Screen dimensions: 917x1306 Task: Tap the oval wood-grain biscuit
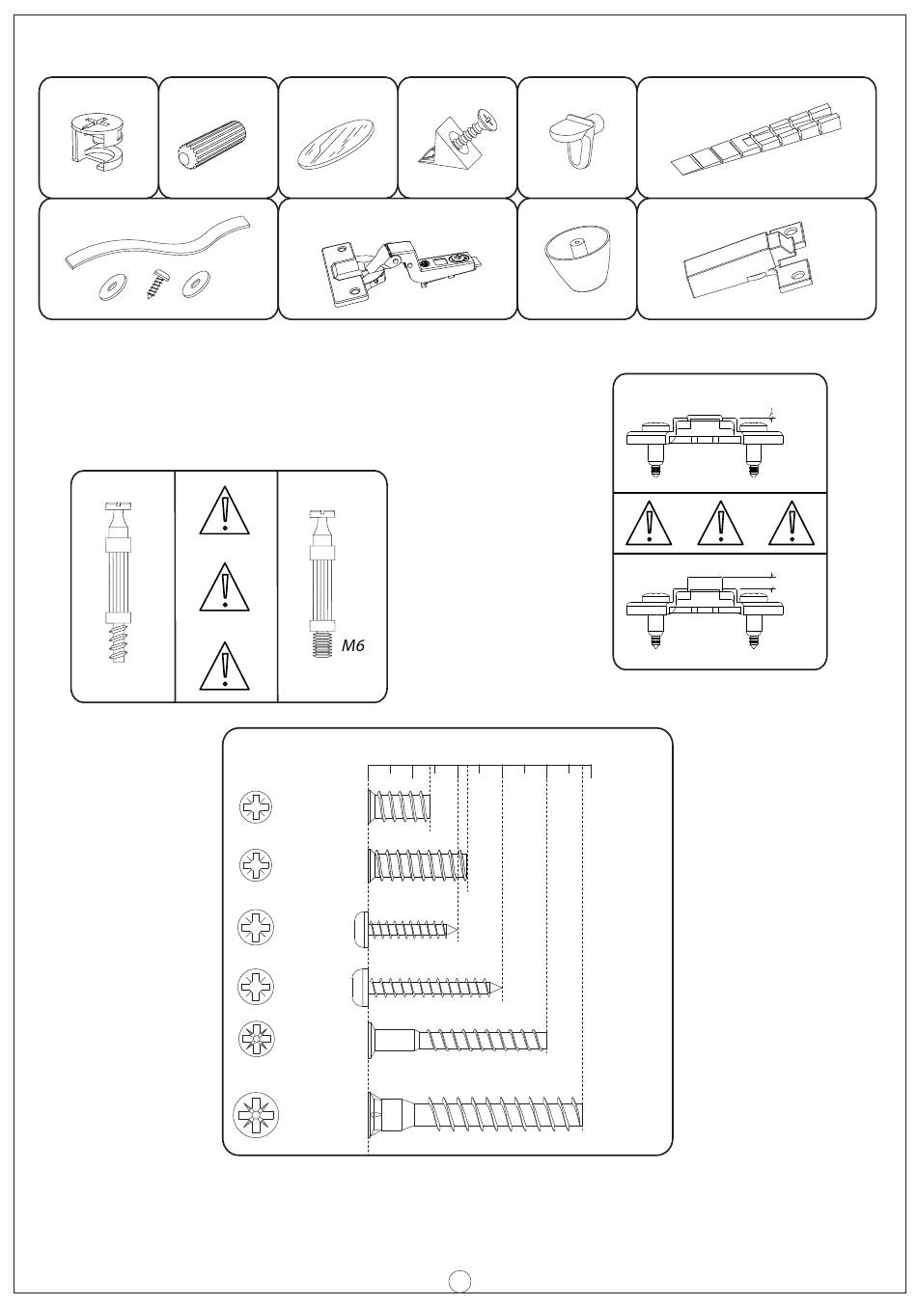[334, 144]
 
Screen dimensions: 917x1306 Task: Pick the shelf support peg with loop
[575, 139]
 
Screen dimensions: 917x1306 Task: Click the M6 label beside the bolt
[352, 645]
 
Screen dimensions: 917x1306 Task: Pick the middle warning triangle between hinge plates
[720, 523]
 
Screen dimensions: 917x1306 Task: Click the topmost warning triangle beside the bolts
[224, 511]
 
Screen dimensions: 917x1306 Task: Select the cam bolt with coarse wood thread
[118, 582]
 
